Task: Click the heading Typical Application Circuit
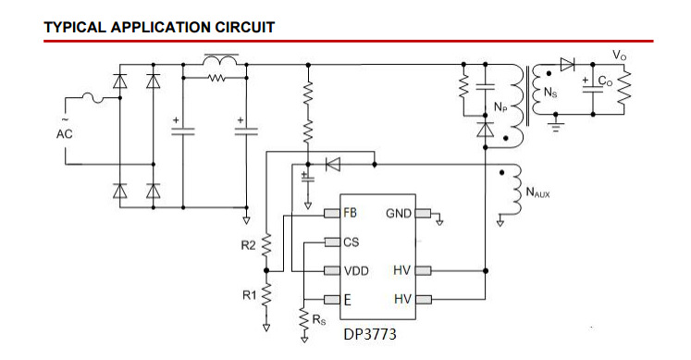point(159,27)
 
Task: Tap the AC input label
point(64,133)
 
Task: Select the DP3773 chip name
point(370,334)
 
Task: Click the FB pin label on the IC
point(350,214)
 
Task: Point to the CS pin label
point(350,242)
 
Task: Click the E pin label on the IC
point(346,300)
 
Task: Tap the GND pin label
point(398,214)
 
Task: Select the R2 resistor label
point(248,246)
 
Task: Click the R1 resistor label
point(248,295)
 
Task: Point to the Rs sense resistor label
point(319,320)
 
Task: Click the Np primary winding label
point(500,108)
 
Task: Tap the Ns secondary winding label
point(550,93)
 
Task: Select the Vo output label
point(619,56)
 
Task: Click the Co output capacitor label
point(605,81)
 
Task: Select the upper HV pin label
point(401,271)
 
